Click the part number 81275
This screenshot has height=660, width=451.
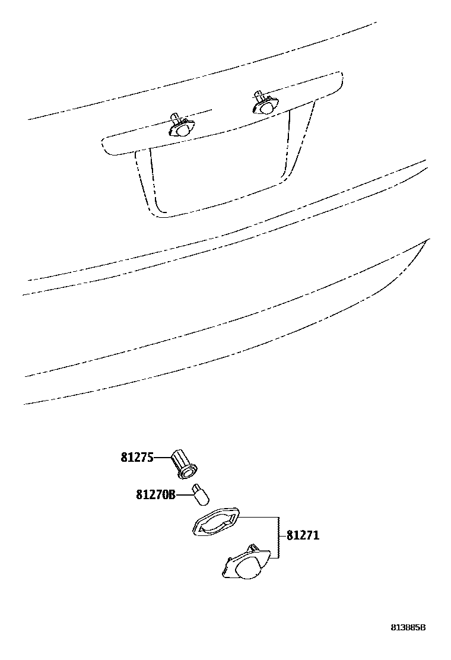click(137, 458)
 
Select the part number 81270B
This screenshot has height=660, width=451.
click(156, 494)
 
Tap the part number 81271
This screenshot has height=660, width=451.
click(303, 535)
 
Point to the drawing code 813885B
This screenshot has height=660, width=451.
click(408, 627)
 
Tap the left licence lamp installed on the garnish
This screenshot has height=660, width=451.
click(182, 126)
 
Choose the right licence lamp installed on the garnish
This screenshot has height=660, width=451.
click(264, 104)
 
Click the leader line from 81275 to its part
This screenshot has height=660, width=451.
click(163, 458)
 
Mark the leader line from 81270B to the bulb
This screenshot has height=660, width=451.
click(183, 493)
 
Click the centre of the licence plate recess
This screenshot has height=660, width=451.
click(217, 175)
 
